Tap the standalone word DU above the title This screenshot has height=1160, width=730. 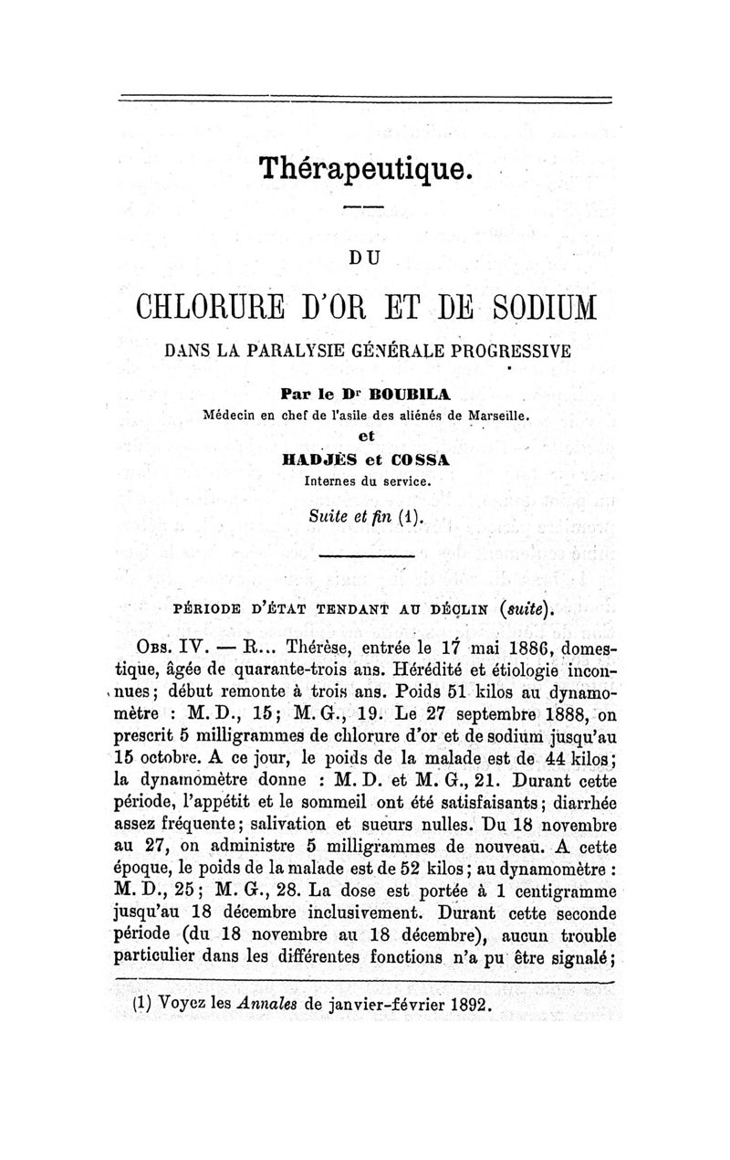(x=365, y=259)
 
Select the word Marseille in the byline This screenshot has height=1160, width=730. (x=497, y=414)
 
